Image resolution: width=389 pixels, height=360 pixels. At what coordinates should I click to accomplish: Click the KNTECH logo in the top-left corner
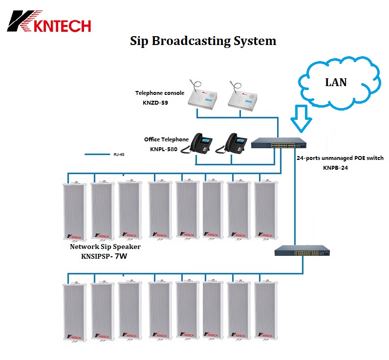click(x=49, y=21)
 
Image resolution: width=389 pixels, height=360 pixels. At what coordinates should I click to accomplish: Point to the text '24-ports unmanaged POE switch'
click(x=340, y=158)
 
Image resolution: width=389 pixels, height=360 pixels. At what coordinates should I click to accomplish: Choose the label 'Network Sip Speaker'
click(x=105, y=247)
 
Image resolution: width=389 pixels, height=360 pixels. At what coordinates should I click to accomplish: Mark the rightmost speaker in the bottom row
click(x=265, y=312)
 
